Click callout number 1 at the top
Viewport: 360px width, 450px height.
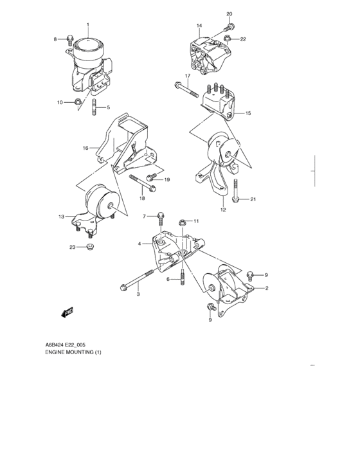point(88,25)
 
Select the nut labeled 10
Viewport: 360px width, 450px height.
point(77,102)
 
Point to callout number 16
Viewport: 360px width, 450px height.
point(85,148)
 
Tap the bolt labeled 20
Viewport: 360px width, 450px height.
point(230,28)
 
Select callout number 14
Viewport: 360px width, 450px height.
point(199,26)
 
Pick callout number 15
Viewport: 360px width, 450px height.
point(248,113)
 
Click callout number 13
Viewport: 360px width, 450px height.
point(61,217)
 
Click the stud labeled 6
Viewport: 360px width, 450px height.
point(183,280)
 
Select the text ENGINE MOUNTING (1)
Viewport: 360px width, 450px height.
point(73,352)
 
